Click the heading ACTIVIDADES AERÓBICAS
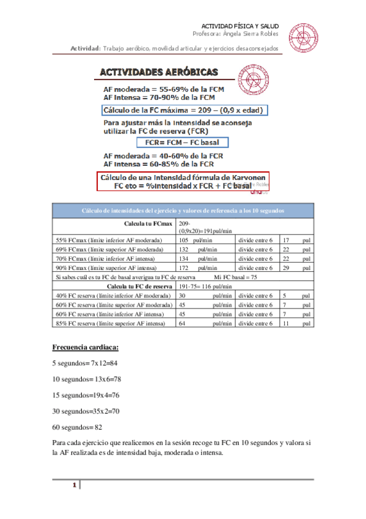168,72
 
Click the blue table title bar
183,211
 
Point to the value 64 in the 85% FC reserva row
181,323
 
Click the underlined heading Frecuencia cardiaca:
86,348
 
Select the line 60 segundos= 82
77,427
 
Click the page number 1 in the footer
74,486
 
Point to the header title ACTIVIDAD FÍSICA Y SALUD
240,26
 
